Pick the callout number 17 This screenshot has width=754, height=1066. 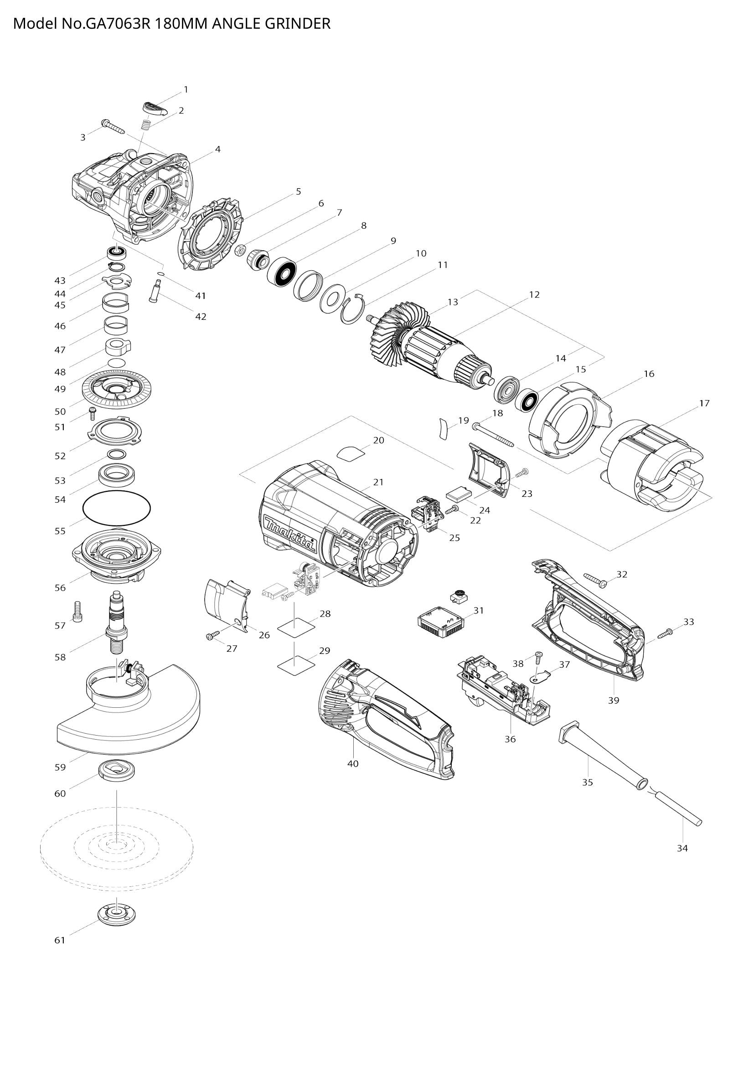click(x=704, y=403)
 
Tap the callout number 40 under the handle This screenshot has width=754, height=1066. click(x=353, y=763)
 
